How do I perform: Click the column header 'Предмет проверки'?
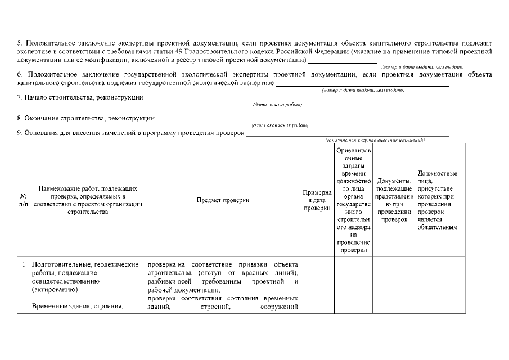[223, 200]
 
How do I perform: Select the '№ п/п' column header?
[24, 200]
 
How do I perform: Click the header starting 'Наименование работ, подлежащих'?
[88, 200]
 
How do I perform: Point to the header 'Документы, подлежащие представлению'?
[394, 200]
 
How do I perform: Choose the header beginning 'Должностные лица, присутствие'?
[437, 200]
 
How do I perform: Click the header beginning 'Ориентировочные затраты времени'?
[353, 200]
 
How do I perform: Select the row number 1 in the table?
[24, 264]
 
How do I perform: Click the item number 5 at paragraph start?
[19, 43]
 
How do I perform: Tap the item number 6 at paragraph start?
[19, 74]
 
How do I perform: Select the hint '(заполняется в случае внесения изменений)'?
[375, 139]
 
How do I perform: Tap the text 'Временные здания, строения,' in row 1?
[78, 306]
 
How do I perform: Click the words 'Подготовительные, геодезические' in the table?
[85, 264]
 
